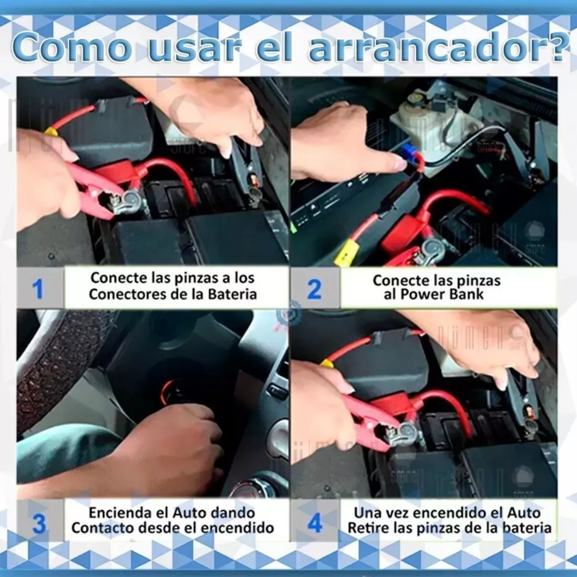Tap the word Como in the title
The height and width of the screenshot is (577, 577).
72,48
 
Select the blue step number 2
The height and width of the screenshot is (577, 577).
315,289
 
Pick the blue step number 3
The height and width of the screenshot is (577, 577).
39,523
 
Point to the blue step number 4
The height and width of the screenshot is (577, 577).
315,523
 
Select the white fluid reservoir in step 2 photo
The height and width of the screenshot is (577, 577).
427,120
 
